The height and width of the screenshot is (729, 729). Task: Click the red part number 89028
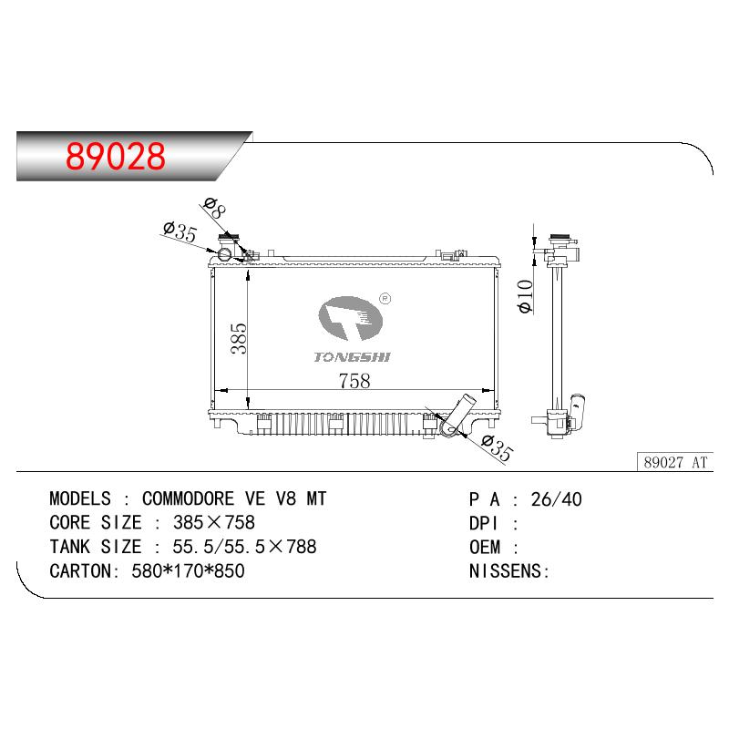click(116, 156)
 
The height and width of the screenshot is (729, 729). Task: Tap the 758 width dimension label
click(354, 381)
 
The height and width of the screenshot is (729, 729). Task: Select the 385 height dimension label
click(239, 338)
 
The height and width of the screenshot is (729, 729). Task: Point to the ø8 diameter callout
click(215, 208)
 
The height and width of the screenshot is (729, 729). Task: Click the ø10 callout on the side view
click(525, 297)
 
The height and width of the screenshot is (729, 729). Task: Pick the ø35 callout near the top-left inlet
click(180, 232)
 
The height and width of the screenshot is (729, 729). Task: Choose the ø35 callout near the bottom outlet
click(497, 448)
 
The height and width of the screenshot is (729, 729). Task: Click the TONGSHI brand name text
click(352, 357)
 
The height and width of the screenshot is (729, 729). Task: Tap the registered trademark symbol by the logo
click(385, 299)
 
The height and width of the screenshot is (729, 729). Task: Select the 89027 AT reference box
click(674, 462)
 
